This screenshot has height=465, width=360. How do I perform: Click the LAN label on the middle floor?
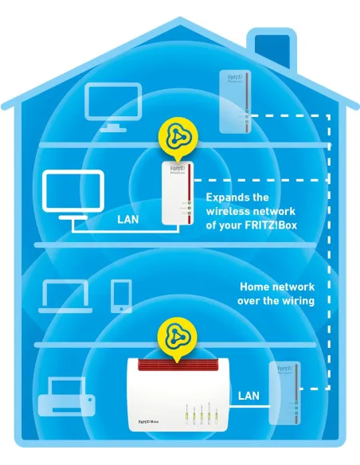point(130,218)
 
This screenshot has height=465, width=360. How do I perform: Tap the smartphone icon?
point(121,295)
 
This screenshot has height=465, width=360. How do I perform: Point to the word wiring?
point(297,300)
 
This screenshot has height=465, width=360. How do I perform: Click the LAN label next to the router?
point(248,396)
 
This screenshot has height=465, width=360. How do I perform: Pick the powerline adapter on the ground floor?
point(284,393)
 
